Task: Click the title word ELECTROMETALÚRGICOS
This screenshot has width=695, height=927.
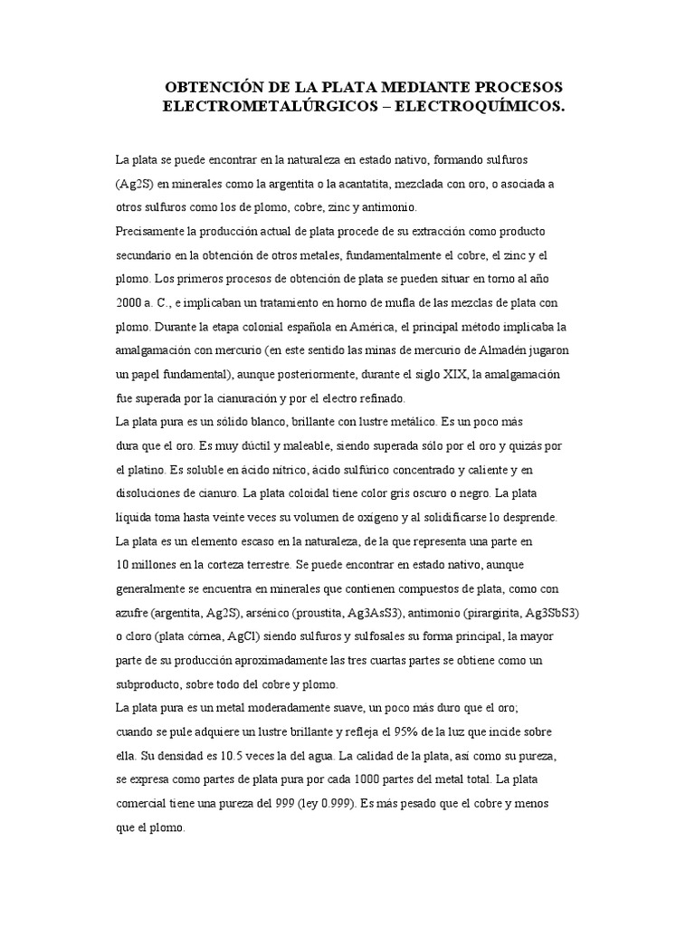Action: [x=261, y=106]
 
